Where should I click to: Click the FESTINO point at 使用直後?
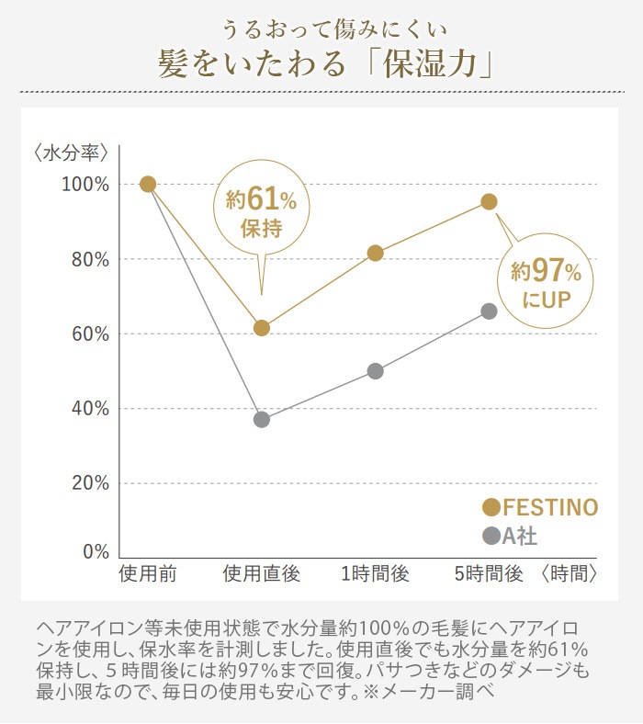(262, 328)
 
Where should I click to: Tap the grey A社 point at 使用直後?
(262, 420)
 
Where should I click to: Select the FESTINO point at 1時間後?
(375, 254)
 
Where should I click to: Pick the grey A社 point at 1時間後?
(375, 371)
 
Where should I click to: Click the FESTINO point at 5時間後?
(489, 202)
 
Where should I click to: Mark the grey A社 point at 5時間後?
(489, 311)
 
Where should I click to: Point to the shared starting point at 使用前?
(148, 184)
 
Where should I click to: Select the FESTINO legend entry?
(541, 507)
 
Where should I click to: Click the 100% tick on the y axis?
(85, 185)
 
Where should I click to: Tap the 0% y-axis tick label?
(95, 552)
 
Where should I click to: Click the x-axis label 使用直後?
(262, 575)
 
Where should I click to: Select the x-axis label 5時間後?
(489, 575)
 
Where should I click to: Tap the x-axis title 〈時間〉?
(570, 575)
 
